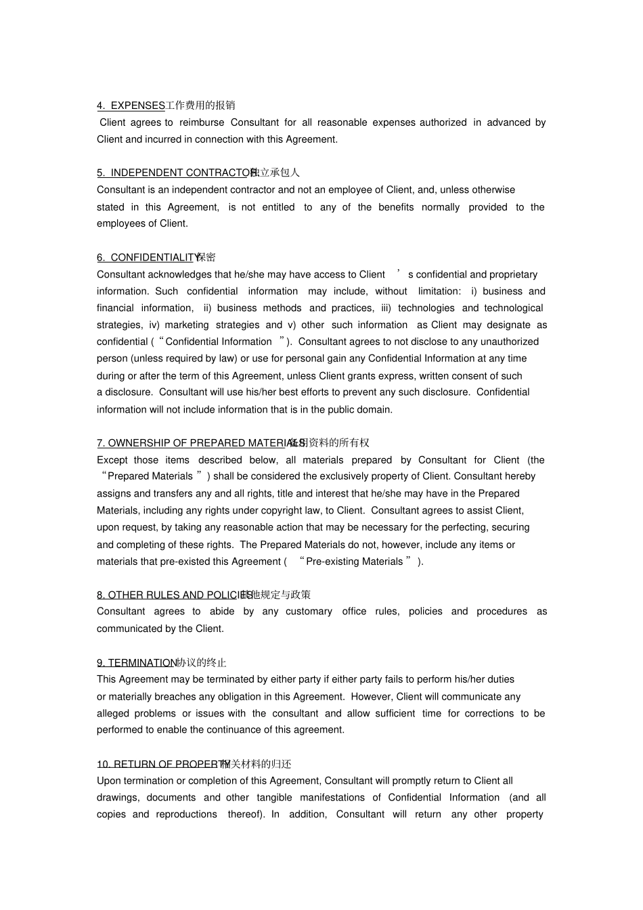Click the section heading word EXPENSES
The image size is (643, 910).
point(137,106)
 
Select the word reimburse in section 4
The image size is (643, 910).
point(202,122)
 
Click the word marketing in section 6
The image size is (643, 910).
point(187,325)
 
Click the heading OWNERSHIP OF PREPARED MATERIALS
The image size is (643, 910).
point(200,443)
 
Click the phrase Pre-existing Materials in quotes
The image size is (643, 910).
point(355,562)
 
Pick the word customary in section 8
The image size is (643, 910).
point(309,612)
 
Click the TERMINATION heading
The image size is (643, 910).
point(141,663)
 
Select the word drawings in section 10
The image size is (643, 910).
point(118,798)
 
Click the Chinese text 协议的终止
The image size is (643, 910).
point(201,663)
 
